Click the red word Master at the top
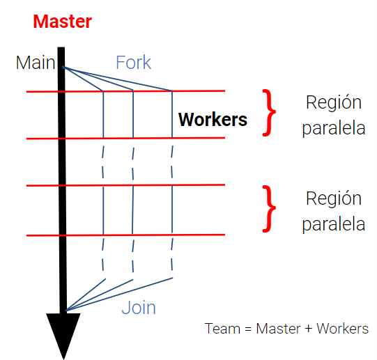pos(62,22)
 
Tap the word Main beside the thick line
pos(36,63)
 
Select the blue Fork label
pos(133,63)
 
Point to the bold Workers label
pos(213,120)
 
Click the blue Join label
pos(139,308)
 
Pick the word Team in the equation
pos(222,329)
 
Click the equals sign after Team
pos(248,329)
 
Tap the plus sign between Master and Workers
pos(308,329)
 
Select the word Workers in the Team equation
pos(342,329)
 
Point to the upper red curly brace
pos(269,113)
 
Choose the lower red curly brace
pos(269,209)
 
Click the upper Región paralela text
pos(334,116)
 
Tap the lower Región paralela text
pos(334,212)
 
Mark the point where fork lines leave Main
pos(63,67)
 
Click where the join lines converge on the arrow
pos(66,311)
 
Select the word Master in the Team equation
pos(278,329)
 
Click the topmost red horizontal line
pos(125,91)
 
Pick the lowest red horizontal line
pos(125,235)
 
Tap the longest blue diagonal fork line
pos(118,79)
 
